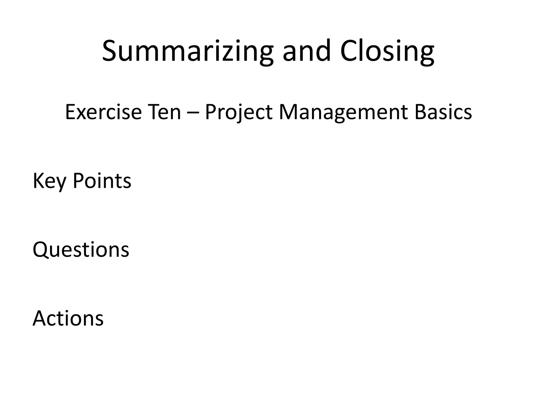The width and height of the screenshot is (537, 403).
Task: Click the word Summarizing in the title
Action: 187,51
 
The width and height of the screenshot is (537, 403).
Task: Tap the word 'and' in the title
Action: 306,51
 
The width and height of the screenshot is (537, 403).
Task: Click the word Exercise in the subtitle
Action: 103,112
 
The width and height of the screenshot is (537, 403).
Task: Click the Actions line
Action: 68,318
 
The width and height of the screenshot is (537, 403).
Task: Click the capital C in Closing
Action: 350,51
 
